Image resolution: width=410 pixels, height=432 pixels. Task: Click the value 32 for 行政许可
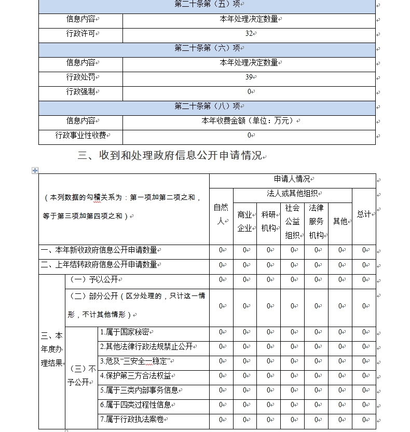pos(249,34)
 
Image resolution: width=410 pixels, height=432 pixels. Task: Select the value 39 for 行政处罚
pos(249,77)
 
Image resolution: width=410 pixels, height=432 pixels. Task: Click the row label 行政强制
pos(80,92)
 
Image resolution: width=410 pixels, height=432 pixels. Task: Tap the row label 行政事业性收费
pos(80,136)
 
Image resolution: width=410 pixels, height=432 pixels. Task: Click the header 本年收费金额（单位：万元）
pos(249,121)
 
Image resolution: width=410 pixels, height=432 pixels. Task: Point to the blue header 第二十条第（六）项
pos(207,48)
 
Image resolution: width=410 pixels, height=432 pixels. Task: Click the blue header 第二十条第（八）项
pos(207,106)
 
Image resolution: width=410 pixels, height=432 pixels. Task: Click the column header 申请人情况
pos(292,180)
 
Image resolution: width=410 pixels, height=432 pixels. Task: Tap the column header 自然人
pos(221,214)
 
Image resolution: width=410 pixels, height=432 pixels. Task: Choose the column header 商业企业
pos(244,221)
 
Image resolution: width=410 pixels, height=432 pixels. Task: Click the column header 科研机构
pos(268,221)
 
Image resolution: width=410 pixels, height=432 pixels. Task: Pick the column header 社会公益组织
pos(292,221)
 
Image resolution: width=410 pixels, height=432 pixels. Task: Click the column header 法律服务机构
pos(316,221)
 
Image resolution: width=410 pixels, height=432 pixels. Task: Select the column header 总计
pos(364,214)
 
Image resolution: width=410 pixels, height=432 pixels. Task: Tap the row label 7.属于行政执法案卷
pos(134,420)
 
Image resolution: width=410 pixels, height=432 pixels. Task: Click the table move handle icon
pos(35,170)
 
